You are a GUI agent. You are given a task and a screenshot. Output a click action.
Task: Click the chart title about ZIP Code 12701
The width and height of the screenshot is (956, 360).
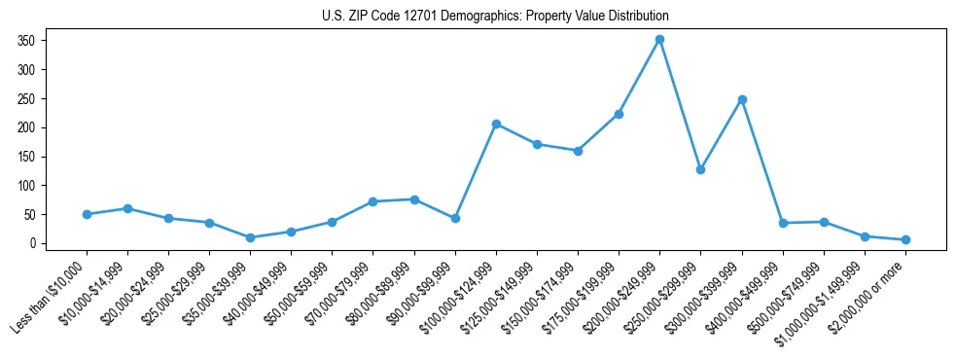[x=495, y=17]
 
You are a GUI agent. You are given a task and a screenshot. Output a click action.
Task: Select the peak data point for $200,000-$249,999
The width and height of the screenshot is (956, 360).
[x=659, y=40]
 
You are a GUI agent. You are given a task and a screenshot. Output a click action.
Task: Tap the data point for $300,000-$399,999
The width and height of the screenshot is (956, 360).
[x=742, y=99]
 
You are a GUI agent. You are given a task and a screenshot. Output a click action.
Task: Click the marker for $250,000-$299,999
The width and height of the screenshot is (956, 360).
[x=700, y=169]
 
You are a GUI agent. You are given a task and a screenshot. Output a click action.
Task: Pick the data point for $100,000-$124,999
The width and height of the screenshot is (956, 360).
[x=496, y=124]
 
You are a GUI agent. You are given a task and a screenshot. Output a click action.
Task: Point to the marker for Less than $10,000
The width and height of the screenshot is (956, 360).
[x=87, y=214]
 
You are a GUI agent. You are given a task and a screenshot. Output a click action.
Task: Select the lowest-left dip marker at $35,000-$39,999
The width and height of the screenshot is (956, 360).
[x=251, y=237]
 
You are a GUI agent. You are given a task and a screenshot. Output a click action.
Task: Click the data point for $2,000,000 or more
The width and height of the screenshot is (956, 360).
[x=905, y=239]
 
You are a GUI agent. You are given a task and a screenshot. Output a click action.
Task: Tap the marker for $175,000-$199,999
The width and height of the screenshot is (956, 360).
[x=619, y=114]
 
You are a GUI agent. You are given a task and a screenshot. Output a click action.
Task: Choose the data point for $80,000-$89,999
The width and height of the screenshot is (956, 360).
[x=414, y=199]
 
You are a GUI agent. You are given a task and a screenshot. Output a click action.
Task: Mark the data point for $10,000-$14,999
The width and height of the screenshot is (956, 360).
[x=127, y=208]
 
